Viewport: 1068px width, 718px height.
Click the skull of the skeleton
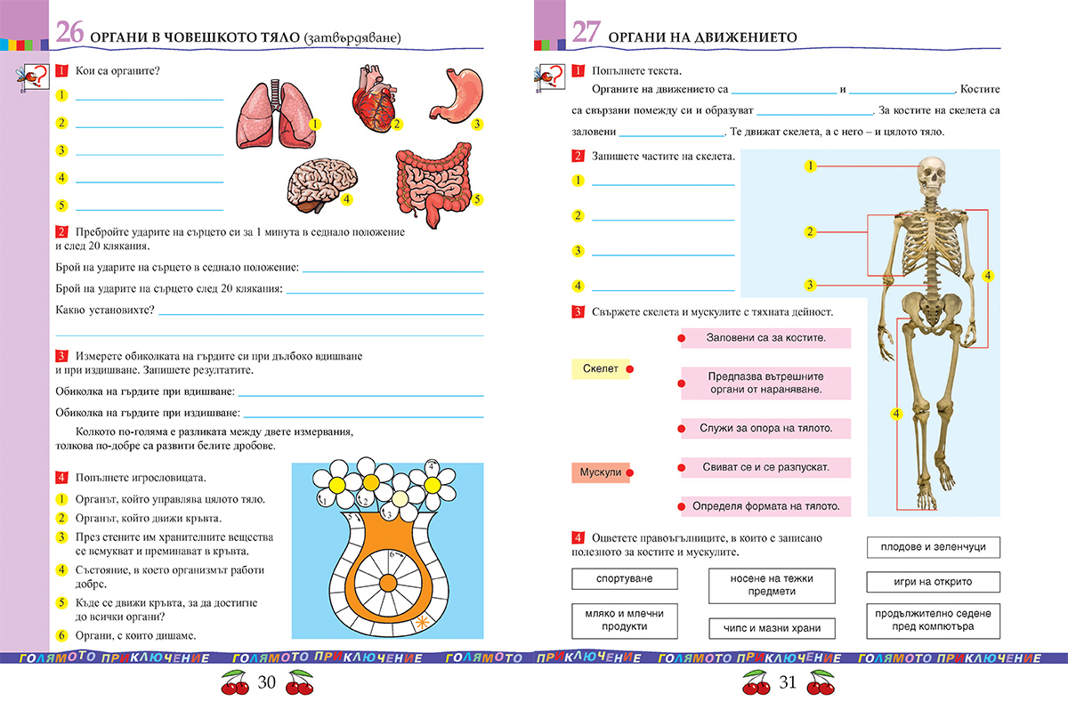[931, 178]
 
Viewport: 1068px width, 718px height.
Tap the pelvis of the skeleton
[932, 308]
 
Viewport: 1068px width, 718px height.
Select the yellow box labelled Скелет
[600, 368]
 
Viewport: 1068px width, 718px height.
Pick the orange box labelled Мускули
[600, 472]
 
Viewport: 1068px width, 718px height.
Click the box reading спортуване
[624, 578]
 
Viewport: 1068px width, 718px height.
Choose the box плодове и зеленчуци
[933, 546]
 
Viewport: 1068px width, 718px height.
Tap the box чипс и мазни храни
[773, 628]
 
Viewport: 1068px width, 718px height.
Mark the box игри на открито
[933, 582]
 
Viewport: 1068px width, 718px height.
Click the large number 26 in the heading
[70, 33]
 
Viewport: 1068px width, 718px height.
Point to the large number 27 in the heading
[587, 33]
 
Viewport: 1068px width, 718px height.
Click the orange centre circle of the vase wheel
[388, 583]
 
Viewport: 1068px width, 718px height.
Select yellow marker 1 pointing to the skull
[810, 165]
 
